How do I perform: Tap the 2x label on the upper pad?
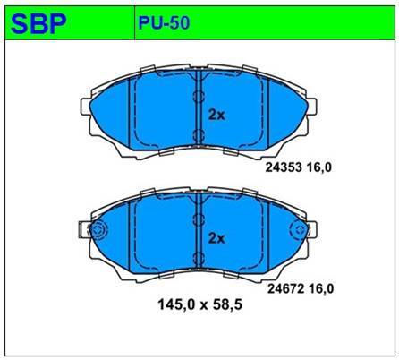click(x=216, y=115)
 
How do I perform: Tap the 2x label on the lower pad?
click(x=216, y=237)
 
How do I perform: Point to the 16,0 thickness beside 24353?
click(x=322, y=166)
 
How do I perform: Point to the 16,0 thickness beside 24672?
click(x=321, y=287)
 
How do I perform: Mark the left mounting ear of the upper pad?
click(x=88, y=114)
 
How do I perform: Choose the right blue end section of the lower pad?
click(x=283, y=237)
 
